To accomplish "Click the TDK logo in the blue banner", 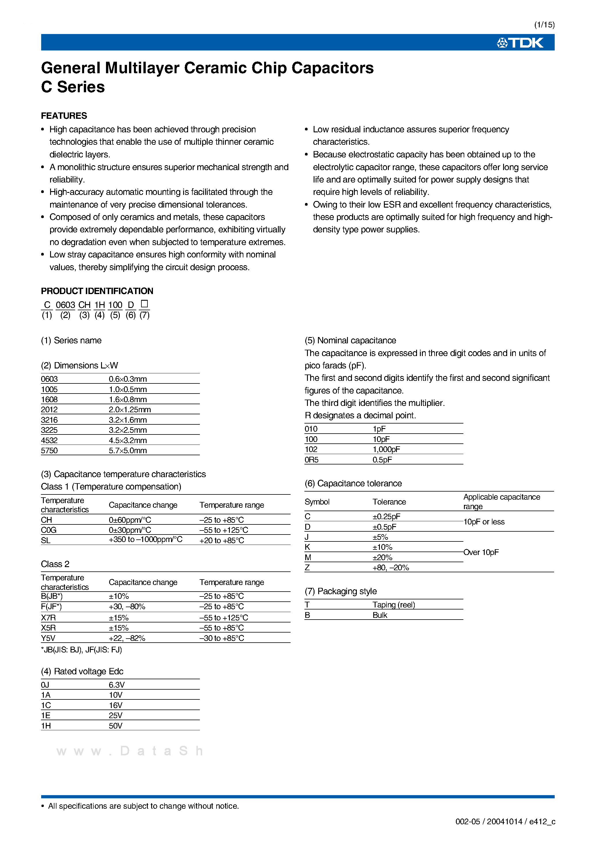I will point(520,43).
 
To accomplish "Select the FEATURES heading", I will point(64,116).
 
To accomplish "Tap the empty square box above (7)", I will point(145,304).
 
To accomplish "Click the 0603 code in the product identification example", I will point(65,305).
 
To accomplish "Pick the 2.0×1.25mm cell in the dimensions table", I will point(130,409).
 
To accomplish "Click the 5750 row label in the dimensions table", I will point(49,451).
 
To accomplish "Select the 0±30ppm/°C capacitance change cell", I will point(130,530).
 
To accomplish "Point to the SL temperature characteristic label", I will point(46,540).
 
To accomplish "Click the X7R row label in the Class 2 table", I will point(48,618).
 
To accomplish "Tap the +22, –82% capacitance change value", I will point(127,638).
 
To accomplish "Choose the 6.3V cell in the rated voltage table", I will point(117,685).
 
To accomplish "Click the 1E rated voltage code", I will point(46,715).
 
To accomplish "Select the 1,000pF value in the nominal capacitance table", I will point(386,449).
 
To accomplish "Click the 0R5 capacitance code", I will point(311,460).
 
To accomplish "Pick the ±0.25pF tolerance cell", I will point(386,516).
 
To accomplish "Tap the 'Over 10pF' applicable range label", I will point(481,552).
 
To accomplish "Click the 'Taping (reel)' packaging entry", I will point(394,605).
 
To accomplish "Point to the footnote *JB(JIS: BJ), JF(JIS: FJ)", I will point(82,650).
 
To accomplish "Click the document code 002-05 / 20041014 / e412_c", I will point(505,822).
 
